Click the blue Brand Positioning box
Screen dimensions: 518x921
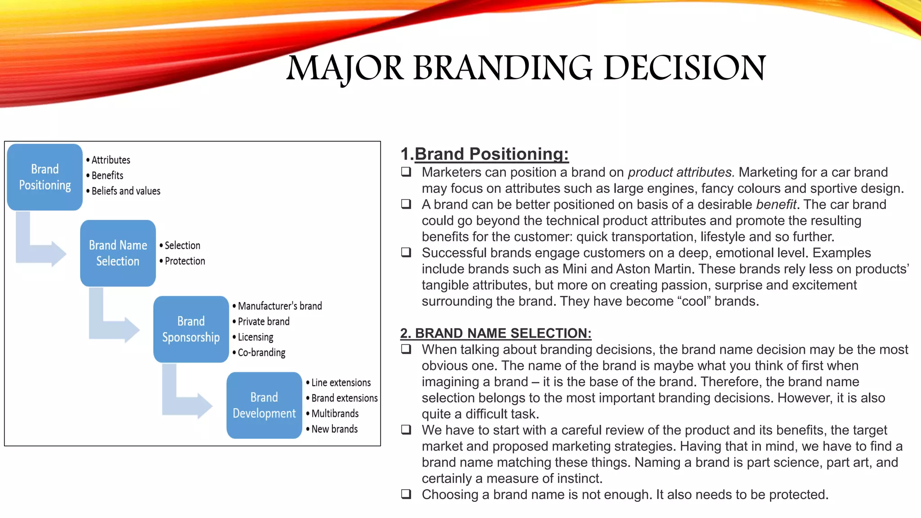pos(45,177)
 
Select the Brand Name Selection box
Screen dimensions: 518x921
pos(118,253)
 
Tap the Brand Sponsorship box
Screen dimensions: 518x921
pos(191,329)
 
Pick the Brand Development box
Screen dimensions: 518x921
pos(264,405)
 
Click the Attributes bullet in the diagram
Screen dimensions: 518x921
pos(111,160)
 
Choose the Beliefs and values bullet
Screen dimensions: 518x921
pos(125,191)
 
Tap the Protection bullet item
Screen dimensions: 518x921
pos(184,261)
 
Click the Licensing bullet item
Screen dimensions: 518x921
pos(255,337)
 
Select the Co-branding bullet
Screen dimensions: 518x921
pos(261,353)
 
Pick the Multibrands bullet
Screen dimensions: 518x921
pos(335,413)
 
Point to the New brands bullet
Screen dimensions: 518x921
pos(334,429)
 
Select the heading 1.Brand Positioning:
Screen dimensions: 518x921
pos(485,154)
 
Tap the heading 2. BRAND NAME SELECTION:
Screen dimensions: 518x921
pos(496,333)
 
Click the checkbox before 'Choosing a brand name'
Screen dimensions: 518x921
pos(406,494)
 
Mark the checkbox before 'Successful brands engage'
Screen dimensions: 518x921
pos(406,252)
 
